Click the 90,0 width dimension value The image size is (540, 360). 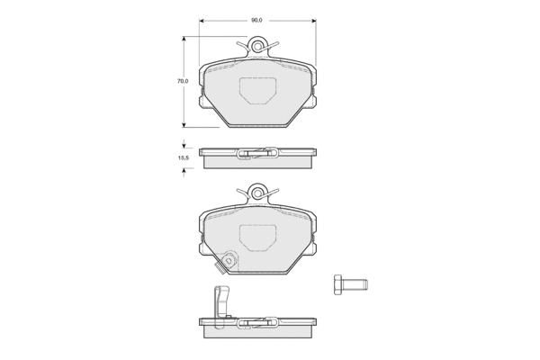(x=256, y=21)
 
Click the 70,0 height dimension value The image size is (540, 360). (x=183, y=81)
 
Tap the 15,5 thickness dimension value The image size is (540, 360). (x=183, y=158)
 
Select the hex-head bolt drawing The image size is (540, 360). (x=351, y=284)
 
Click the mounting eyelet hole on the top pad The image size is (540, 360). (x=256, y=46)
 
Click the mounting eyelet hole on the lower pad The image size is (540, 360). (x=256, y=193)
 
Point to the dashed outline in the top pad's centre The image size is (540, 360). (x=257, y=91)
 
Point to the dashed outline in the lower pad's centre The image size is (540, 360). (x=257, y=238)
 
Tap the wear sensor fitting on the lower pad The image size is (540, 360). (x=226, y=263)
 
